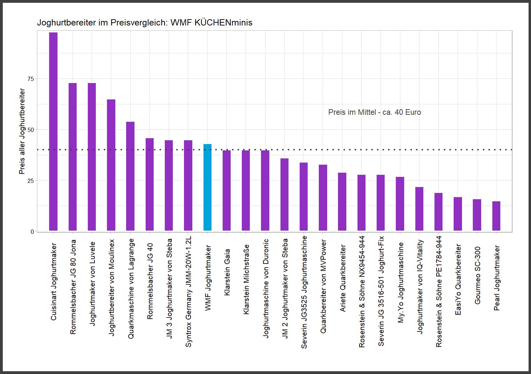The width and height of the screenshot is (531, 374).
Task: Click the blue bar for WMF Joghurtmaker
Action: click(x=207, y=187)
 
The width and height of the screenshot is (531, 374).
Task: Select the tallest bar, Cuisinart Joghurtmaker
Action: click(x=53, y=132)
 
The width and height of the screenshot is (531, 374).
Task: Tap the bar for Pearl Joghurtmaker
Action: click(x=496, y=216)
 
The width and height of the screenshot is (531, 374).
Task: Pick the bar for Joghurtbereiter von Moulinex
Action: click(x=111, y=165)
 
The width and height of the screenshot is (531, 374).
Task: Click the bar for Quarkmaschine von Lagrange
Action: click(x=130, y=176)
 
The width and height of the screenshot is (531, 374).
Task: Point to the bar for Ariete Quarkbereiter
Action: click(x=342, y=202)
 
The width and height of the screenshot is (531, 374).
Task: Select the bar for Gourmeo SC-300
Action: click(x=477, y=215)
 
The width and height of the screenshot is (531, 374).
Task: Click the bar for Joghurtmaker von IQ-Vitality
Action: click(x=419, y=209)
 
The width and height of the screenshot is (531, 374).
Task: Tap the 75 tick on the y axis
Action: click(x=31, y=79)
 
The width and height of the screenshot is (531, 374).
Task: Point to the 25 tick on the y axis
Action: click(x=31, y=180)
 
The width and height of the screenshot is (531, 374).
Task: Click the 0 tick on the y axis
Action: click(x=32, y=231)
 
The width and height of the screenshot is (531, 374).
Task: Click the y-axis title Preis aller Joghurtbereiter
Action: click(x=22, y=131)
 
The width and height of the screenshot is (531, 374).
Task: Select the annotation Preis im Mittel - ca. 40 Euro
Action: click(x=375, y=112)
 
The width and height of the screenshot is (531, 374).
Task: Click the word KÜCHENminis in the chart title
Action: click(x=223, y=23)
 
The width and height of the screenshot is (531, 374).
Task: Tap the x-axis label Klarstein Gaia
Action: click(x=227, y=272)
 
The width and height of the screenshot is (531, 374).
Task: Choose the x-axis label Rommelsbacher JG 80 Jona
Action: click(x=73, y=287)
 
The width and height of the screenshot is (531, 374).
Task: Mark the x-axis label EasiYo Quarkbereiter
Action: click(x=458, y=279)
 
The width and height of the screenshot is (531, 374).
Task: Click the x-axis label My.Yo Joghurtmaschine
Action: click(x=400, y=283)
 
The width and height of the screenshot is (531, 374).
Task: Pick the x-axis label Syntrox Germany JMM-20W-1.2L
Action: click(x=188, y=292)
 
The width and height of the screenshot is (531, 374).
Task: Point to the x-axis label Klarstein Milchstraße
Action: click(x=246, y=279)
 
